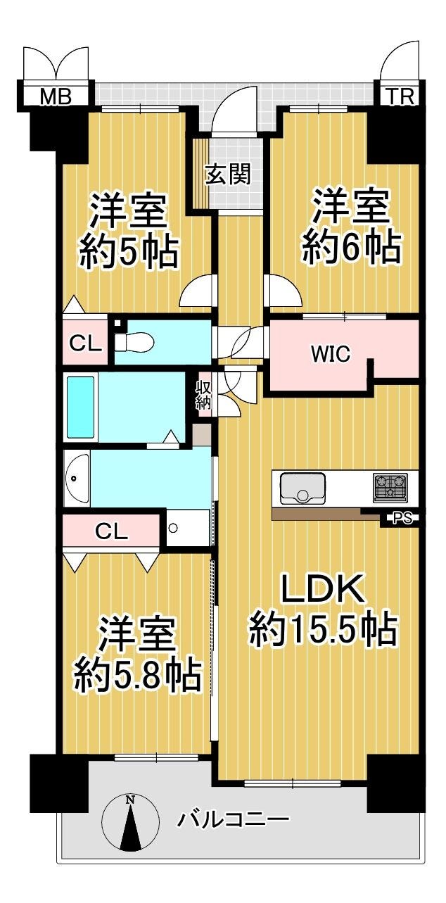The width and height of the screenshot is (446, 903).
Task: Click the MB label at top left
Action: tap(55, 96)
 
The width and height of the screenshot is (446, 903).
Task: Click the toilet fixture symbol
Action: tap(129, 343)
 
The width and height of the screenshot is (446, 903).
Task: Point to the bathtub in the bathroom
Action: tap(80, 407)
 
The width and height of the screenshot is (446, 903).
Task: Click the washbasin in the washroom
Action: tap(77, 478)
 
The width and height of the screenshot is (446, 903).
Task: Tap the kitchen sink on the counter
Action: tap(302, 488)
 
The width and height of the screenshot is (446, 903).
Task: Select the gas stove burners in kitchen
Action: tap(390, 487)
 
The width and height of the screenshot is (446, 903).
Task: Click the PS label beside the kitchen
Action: tap(402, 520)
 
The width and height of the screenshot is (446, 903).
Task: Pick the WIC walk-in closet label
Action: tap(331, 354)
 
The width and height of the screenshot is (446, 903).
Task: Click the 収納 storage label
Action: tap(204, 394)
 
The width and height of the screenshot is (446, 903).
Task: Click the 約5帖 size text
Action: tap(127, 251)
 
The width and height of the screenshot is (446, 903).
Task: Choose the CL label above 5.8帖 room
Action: tap(112, 532)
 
